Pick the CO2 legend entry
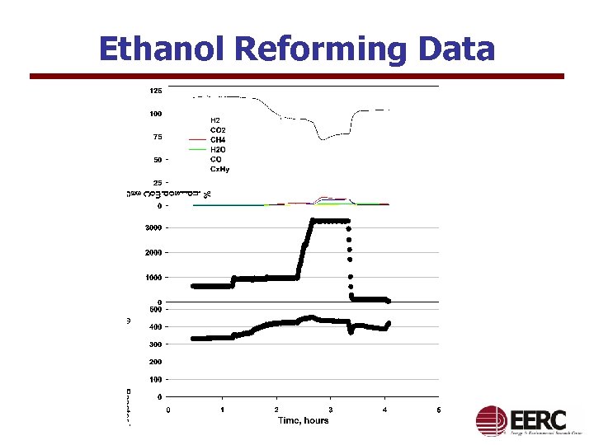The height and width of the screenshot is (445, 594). [x=218, y=130]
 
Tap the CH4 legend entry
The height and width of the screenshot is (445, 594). [x=218, y=140]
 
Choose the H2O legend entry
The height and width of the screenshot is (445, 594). [x=218, y=149]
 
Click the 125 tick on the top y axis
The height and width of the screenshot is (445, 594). [x=155, y=90]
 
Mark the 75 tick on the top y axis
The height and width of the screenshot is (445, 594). [x=158, y=137]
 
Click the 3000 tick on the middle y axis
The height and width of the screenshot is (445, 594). [x=153, y=227]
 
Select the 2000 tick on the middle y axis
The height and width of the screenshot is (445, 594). [x=153, y=252]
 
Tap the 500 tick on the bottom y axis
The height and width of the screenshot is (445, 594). [x=155, y=310]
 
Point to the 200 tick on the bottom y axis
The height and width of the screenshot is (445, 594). [x=155, y=362]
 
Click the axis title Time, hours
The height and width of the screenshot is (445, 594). [x=303, y=420]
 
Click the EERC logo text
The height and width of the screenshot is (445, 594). [x=539, y=418]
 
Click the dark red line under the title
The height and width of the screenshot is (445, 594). [x=297, y=76]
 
